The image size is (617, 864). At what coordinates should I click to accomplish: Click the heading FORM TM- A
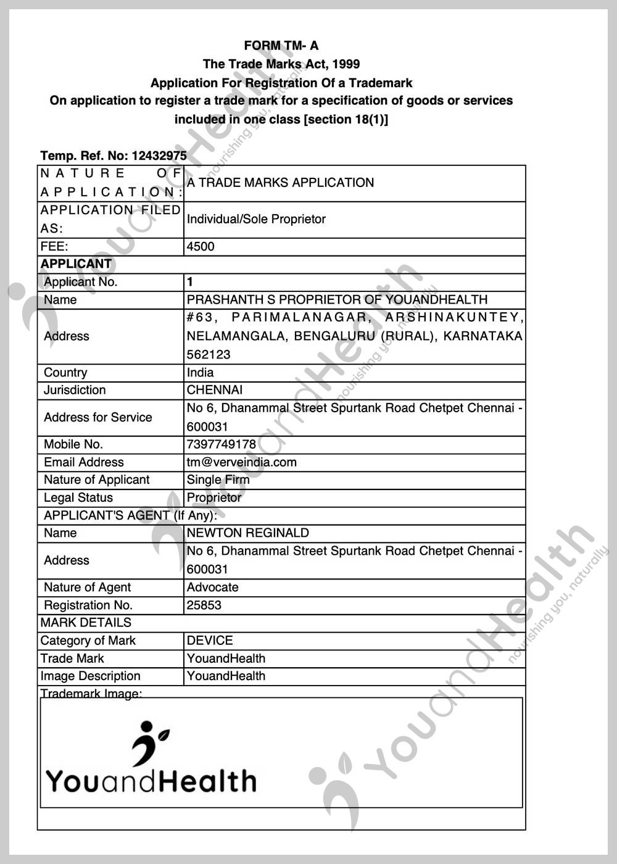(281, 46)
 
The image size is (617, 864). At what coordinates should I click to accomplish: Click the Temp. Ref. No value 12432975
(159, 156)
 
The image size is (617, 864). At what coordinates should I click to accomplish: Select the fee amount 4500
(201, 247)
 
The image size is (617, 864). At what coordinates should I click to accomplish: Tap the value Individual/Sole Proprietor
(256, 219)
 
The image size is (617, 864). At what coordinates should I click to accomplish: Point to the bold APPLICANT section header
(76, 264)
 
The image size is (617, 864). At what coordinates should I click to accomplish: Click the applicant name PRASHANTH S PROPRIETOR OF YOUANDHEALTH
(337, 300)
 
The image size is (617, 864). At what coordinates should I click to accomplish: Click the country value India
(200, 373)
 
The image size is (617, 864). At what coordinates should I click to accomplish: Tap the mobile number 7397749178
(221, 444)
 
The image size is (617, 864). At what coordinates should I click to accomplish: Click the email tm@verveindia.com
(241, 462)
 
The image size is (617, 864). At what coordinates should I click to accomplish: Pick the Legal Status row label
(78, 498)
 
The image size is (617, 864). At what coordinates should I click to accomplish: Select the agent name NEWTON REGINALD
(247, 533)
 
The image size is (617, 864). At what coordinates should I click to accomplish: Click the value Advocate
(212, 588)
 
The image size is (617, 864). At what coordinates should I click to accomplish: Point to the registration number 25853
(204, 605)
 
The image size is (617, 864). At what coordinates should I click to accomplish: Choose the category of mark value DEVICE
(210, 641)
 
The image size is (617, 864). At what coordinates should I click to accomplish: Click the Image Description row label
(90, 676)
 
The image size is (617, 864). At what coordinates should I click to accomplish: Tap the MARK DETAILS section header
(86, 623)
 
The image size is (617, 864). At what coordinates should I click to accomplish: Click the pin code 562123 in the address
(209, 355)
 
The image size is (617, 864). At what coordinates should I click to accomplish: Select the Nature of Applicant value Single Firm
(218, 480)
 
